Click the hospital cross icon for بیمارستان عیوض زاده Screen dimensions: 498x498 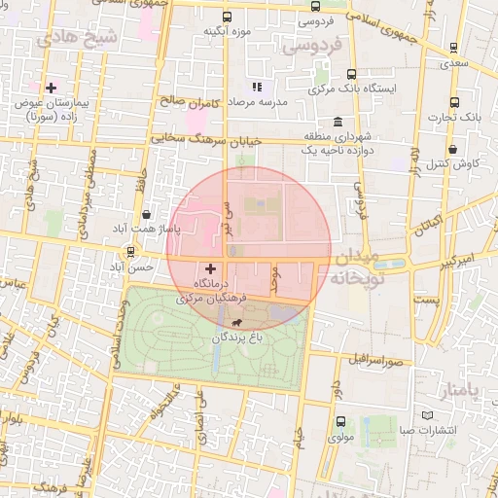(51, 88)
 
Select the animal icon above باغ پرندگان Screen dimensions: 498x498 (237, 322)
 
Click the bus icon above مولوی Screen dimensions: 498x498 (340, 422)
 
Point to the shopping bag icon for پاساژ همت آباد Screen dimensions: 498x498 (146, 214)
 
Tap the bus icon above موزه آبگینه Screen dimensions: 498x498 (227, 17)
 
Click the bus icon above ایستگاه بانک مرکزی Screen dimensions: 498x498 (351, 74)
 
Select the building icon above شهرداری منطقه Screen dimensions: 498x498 (337, 123)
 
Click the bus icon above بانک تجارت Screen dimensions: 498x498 (454, 102)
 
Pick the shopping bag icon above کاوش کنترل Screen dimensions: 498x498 (455, 150)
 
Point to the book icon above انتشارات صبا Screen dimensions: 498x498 (405, 428)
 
